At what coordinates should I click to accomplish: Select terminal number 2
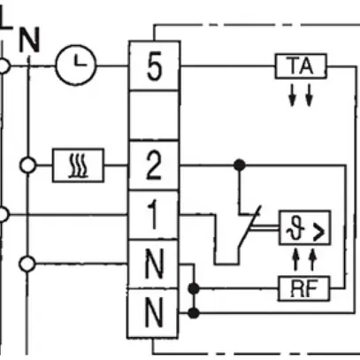click(x=154, y=164)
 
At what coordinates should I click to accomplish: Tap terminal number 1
click(x=154, y=214)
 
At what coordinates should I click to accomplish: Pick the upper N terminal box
click(x=154, y=264)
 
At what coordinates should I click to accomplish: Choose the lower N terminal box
click(x=154, y=312)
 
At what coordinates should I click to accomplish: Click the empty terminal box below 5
click(x=154, y=115)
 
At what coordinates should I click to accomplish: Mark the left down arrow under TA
click(x=292, y=94)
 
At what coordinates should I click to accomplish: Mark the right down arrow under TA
click(x=309, y=94)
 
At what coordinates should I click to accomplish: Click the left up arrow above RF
click(x=294, y=259)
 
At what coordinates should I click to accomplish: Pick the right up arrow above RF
click(x=310, y=259)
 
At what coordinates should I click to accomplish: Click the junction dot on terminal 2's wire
click(x=237, y=165)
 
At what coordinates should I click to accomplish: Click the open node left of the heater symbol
click(x=29, y=165)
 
